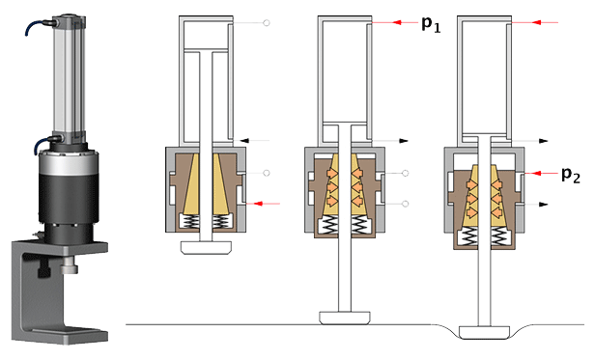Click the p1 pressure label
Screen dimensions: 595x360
(x=431, y=24)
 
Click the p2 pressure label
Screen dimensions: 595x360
(x=571, y=175)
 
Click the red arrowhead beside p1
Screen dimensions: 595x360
(x=397, y=22)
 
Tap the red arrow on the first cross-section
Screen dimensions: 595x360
(x=263, y=204)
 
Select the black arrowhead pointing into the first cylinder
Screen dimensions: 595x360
(x=245, y=140)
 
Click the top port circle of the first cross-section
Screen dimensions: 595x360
(x=267, y=23)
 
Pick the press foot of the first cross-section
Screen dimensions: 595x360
(x=206, y=247)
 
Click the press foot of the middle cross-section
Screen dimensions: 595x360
(x=345, y=318)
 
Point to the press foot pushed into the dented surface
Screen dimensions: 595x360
(x=484, y=332)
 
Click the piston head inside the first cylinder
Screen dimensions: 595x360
(x=206, y=50)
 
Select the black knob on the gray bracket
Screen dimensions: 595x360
(x=44, y=269)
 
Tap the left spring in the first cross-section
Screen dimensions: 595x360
(x=189, y=221)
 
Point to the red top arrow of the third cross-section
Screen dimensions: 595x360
(x=535, y=22)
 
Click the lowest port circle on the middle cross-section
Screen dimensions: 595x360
(x=405, y=204)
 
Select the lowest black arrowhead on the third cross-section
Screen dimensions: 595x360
(x=544, y=205)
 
